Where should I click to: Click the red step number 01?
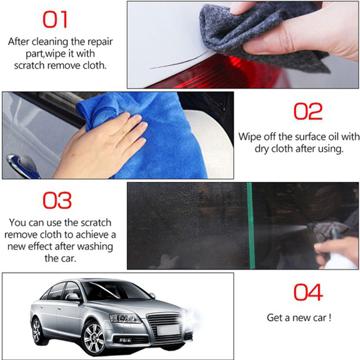pyautogui.click(x=55, y=20)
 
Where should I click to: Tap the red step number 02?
pyautogui.click(x=308, y=112)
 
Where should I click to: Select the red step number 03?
pyautogui.click(x=57, y=201)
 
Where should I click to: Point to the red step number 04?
pyautogui.click(x=308, y=292)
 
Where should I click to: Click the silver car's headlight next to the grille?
pyautogui.click(x=124, y=318)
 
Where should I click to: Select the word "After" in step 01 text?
pyautogui.click(x=20, y=41)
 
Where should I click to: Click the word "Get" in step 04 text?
pyautogui.click(x=274, y=318)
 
